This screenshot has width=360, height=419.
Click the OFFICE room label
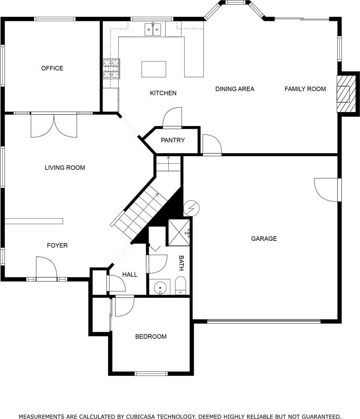tap(52, 68)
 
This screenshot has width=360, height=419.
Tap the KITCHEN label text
tap(163, 93)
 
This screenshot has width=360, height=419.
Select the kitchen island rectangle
tap(154, 69)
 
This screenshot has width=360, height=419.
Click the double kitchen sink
tap(153, 30)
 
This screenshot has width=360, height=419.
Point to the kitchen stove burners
tap(111, 69)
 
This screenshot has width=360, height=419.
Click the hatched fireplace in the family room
tap(346, 94)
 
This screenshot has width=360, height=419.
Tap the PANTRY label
tap(173, 140)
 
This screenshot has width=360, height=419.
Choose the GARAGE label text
tap(264, 238)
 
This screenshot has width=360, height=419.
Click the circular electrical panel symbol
tap(192, 208)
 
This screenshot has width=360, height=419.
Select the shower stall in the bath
tap(179, 232)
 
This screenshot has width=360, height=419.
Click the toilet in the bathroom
tap(181, 285)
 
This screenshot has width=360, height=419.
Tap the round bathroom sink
tap(160, 287)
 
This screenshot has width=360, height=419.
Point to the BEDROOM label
tap(151, 337)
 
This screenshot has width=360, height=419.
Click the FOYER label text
tap(57, 245)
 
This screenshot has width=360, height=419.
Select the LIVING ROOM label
tap(65, 167)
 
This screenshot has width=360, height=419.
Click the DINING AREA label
tap(235, 89)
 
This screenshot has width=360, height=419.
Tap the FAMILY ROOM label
tap(305, 89)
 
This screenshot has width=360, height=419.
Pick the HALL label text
tap(130, 275)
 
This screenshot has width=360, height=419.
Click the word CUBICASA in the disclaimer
tap(141, 416)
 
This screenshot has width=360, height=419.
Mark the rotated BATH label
tap(181, 263)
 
